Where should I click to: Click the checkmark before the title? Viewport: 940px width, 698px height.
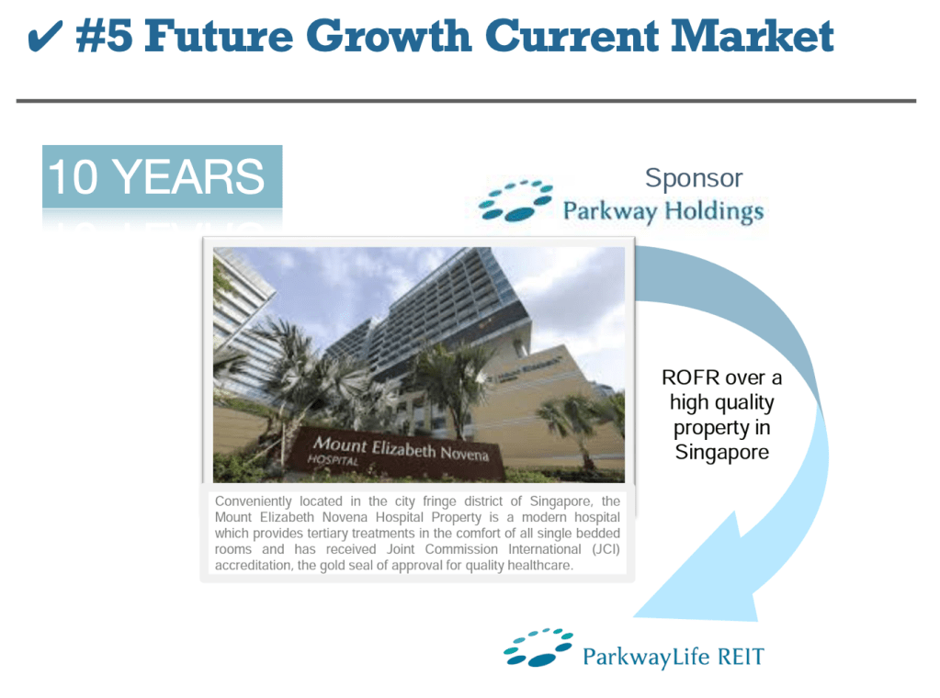coord(45,37)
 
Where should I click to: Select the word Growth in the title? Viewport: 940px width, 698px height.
coord(389,35)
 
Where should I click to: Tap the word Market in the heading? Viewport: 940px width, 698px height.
coord(753,35)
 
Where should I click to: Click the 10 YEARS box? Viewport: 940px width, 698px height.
coord(162,176)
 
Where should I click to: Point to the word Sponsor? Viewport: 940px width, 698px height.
coord(694,178)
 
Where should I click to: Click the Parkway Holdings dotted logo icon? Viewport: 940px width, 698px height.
coord(515,200)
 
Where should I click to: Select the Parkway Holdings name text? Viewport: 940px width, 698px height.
coord(663,211)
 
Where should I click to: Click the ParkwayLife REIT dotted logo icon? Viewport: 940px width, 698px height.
coord(538,647)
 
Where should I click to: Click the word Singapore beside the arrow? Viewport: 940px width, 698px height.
coord(722,453)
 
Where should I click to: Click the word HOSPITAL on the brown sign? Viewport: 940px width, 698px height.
coord(333,460)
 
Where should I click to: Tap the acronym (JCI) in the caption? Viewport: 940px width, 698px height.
coord(606,549)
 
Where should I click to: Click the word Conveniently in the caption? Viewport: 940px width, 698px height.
coord(253,501)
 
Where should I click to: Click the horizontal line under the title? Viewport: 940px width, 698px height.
coord(466,101)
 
